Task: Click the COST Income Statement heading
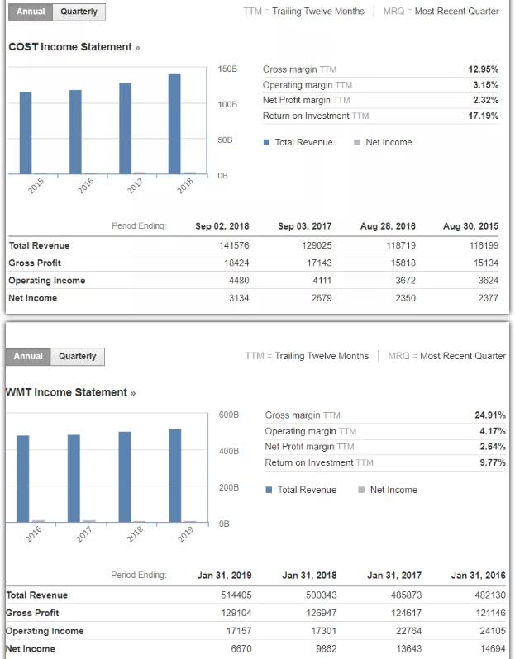coord(70,47)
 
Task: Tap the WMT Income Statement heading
coord(68,392)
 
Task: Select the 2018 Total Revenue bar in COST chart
coord(174,124)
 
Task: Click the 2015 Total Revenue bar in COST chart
coord(26,133)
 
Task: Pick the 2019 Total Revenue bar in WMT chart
coord(175,475)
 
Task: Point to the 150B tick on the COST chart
coord(227,69)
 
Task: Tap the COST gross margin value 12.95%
coord(483,69)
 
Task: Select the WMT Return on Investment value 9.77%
coord(490,462)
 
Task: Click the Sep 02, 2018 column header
coord(222,226)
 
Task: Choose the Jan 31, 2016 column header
coord(478,576)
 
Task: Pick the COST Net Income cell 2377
coord(488,298)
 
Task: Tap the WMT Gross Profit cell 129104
coord(236,613)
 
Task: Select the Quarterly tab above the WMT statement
coord(77,357)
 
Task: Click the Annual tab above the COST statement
coord(31,12)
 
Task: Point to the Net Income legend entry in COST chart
coord(383,142)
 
